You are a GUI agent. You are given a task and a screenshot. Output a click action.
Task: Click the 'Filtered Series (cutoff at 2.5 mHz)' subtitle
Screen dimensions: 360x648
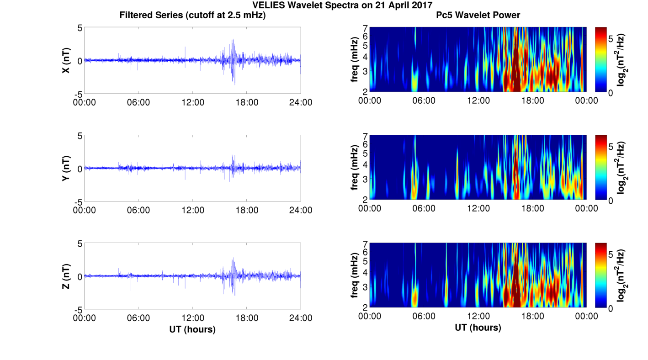pos(192,15)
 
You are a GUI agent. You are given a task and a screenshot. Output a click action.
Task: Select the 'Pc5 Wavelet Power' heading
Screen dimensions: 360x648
pos(478,15)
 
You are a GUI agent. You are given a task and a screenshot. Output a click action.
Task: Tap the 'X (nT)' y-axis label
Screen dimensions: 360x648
pos(66,60)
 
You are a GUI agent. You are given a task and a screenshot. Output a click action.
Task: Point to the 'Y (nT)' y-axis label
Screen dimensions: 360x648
pos(66,168)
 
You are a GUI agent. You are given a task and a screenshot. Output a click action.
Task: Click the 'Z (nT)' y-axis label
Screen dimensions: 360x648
pos(66,276)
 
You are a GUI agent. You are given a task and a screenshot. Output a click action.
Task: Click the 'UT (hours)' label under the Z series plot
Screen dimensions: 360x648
pos(192,329)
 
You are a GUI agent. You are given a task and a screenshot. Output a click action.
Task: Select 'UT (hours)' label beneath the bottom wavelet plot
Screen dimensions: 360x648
pos(478,327)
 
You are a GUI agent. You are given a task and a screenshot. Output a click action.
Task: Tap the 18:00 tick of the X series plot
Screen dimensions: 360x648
pos(247,102)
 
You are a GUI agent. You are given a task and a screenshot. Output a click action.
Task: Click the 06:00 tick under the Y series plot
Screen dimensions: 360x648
pos(138,210)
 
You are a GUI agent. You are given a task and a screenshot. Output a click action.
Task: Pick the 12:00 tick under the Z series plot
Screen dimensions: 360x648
pos(193,318)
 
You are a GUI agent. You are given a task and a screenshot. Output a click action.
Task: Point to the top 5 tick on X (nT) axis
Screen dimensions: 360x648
pos(80,28)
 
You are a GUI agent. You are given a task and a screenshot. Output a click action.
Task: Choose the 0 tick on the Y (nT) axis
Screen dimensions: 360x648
pos(80,169)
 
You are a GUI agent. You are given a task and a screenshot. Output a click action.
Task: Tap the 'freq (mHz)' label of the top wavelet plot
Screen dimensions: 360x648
pos(354,60)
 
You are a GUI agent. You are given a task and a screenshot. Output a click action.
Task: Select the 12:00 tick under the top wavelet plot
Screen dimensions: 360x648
pos(478,101)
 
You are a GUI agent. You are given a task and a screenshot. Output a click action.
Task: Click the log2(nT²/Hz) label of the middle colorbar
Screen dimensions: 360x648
pos(621,168)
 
